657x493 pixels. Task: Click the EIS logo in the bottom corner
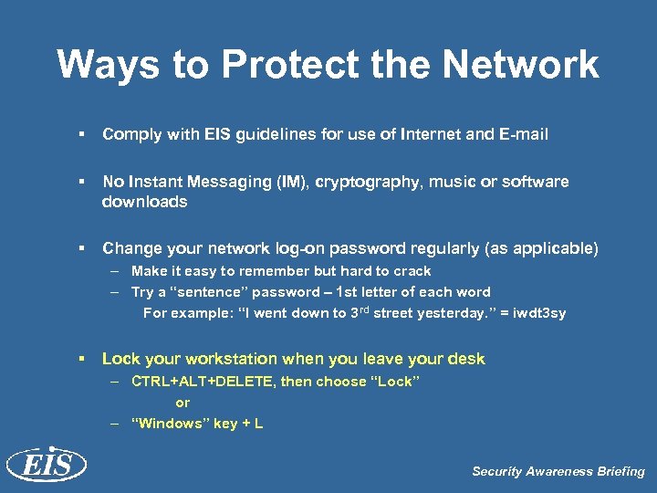46,465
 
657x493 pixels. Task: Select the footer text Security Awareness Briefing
558,471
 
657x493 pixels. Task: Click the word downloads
144,201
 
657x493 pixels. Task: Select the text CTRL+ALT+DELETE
202,381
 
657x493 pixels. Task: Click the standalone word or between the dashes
182,403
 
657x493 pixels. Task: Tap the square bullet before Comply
81,134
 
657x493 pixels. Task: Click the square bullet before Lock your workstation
81,359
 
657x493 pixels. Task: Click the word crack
412,271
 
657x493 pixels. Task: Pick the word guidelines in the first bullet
275,134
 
